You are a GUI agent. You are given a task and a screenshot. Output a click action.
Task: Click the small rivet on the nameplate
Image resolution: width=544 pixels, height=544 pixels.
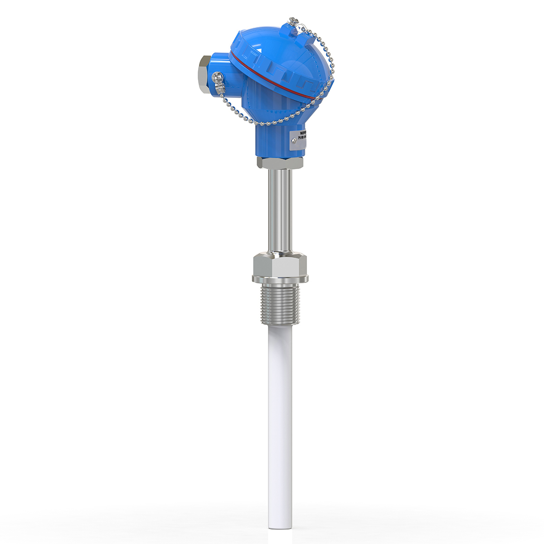tap(294, 141)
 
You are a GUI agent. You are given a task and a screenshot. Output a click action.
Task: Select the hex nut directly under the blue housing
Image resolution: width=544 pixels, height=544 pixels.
tap(279, 162)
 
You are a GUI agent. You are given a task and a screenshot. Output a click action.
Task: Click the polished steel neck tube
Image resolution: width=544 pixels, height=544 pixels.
tap(279, 209)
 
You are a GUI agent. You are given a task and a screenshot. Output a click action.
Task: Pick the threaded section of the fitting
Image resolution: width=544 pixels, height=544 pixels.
tap(280, 305)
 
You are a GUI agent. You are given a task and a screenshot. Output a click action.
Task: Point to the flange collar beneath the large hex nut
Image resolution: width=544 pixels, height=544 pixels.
tap(280, 277)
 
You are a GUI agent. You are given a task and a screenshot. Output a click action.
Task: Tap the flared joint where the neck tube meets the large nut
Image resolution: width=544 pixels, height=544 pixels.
tap(280, 251)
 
